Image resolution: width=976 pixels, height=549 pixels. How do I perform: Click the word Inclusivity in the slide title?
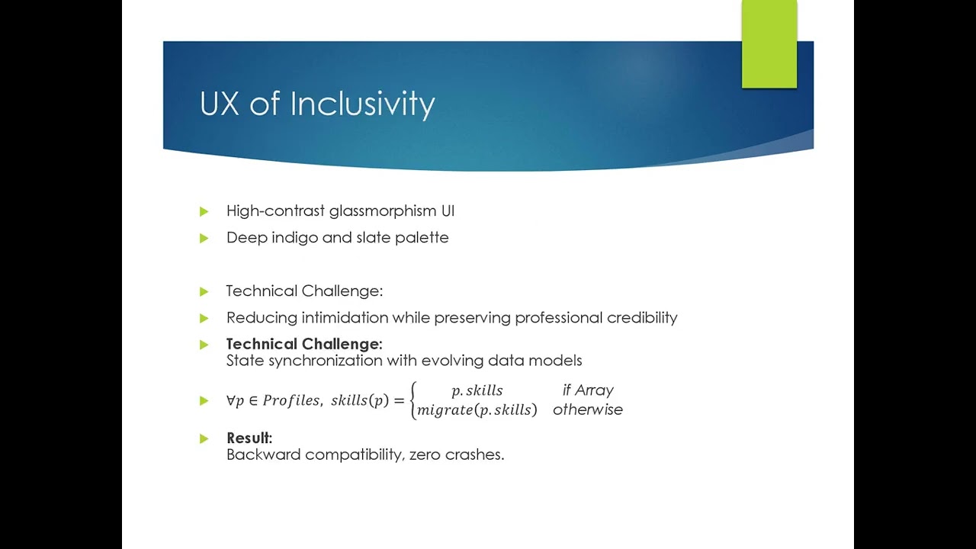tap(362, 104)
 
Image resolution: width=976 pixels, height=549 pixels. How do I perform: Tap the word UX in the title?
tap(220, 104)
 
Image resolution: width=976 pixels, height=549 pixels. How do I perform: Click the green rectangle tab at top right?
tap(769, 43)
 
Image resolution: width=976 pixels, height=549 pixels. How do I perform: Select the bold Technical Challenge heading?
tap(303, 345)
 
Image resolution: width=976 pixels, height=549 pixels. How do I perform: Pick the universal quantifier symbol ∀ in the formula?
tap(230, 400)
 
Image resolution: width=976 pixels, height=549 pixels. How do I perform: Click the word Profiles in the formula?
tap(291, 400)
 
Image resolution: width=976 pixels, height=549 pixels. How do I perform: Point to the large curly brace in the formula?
tap(413, 400)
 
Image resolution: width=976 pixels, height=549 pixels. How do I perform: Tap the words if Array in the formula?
tap(588, 390)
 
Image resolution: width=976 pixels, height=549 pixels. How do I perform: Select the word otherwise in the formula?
tap(588, 410)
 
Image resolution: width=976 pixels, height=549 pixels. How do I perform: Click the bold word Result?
tap(249, 438)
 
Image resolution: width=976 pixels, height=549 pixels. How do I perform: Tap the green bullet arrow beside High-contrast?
tap(204, 211)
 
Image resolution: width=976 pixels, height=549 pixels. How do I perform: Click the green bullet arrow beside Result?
tap(204, 438)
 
